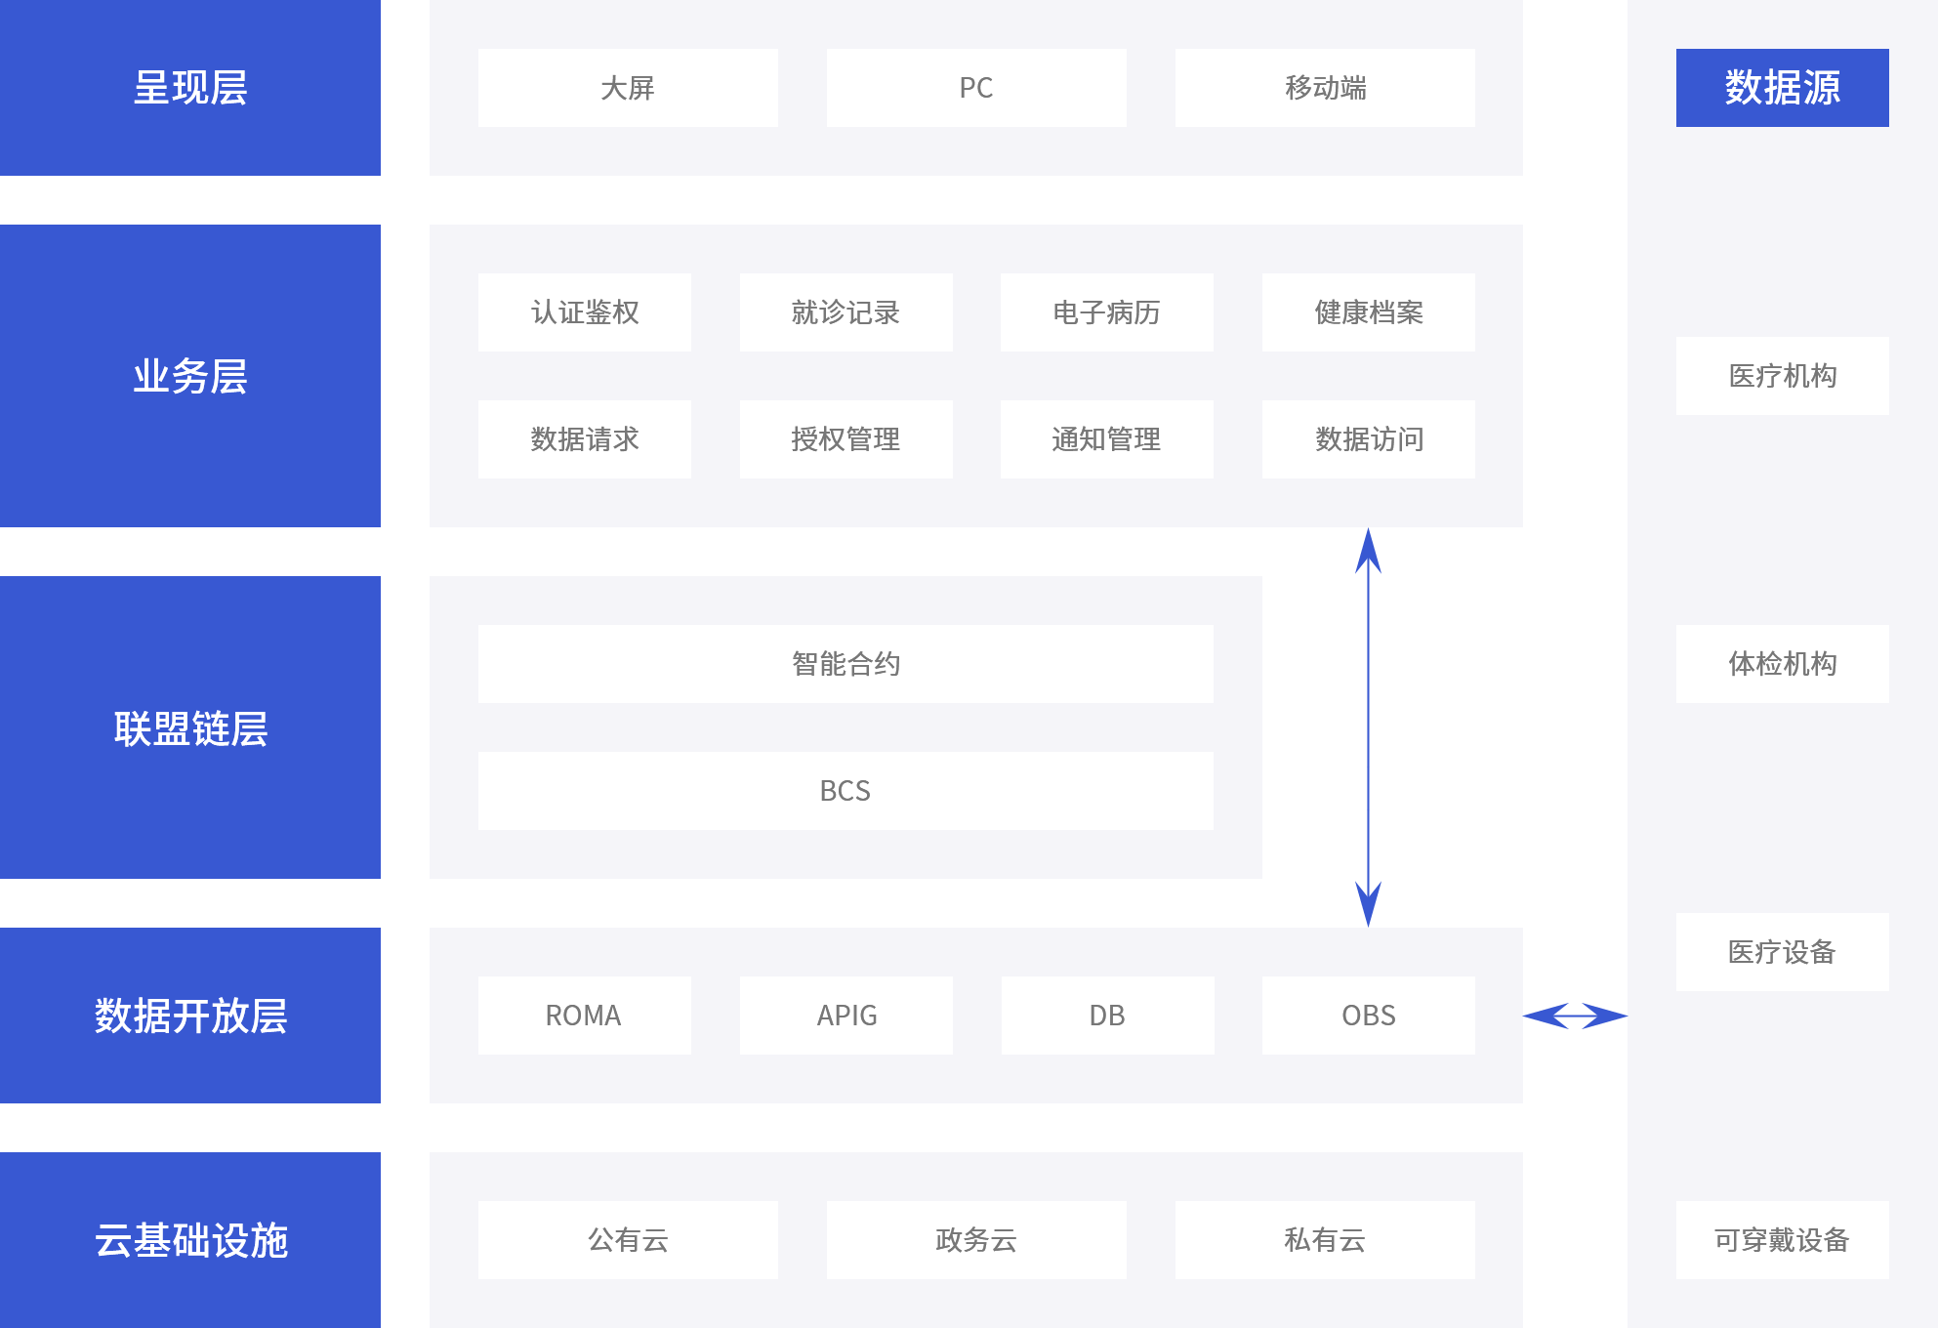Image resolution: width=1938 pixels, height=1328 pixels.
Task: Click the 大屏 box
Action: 628,88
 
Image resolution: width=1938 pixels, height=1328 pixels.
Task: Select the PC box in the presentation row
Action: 976,88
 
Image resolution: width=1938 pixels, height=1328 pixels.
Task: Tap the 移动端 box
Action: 1325,88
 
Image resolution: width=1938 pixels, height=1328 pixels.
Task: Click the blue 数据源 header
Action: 1782,88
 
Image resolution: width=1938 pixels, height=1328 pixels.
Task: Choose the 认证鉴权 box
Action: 584,312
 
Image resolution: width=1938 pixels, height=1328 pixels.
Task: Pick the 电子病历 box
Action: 1106,312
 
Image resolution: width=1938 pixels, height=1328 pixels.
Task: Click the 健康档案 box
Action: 1368,312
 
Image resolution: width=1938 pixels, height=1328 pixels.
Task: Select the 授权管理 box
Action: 845,439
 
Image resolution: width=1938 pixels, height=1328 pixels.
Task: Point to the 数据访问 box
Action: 1368,439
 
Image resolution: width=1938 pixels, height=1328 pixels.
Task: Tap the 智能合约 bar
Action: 845,664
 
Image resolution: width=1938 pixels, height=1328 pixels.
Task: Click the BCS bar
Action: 845,791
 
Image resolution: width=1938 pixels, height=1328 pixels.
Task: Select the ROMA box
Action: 584,1016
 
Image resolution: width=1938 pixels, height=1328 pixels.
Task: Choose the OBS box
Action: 1368,1016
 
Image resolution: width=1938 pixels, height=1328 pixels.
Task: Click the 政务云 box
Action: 976,1240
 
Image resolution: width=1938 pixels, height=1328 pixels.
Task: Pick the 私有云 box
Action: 1325,1240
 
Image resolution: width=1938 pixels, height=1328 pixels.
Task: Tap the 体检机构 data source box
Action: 1782,664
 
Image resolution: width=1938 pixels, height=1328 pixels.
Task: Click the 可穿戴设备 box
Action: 1782,1240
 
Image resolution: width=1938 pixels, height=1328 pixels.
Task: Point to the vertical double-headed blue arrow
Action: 1368,727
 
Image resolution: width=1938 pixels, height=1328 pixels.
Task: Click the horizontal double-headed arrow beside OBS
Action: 1575,1017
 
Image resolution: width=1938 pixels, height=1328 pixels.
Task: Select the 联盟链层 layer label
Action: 190,727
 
